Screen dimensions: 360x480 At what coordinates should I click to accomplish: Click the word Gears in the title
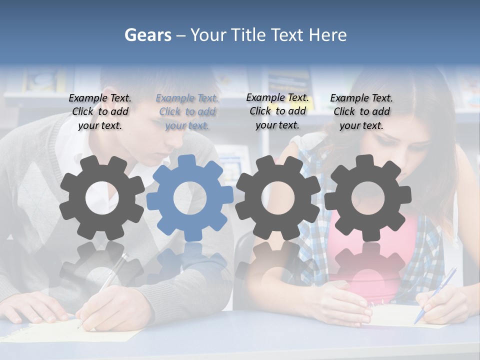click(x=147, y=35)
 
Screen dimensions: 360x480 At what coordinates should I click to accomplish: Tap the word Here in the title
click(x=327, y=35)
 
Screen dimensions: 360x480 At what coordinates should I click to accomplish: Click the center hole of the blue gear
click(x=190, y=198)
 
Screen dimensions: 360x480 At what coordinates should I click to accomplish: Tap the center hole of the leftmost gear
click(x=102, y=198)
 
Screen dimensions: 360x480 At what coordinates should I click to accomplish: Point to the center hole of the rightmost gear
click(x=367, y=198)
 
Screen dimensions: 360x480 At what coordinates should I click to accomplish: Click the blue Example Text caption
click(x=187, y=112)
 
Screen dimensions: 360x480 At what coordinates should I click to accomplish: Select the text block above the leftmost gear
click(x=100, y=112)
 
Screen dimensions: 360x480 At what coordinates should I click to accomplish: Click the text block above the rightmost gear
click(x=361, y=112)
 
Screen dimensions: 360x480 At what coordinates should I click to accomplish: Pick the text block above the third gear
click(x=277, y=111)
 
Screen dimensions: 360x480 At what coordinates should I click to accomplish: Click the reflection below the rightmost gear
click(x=367, y=265)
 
